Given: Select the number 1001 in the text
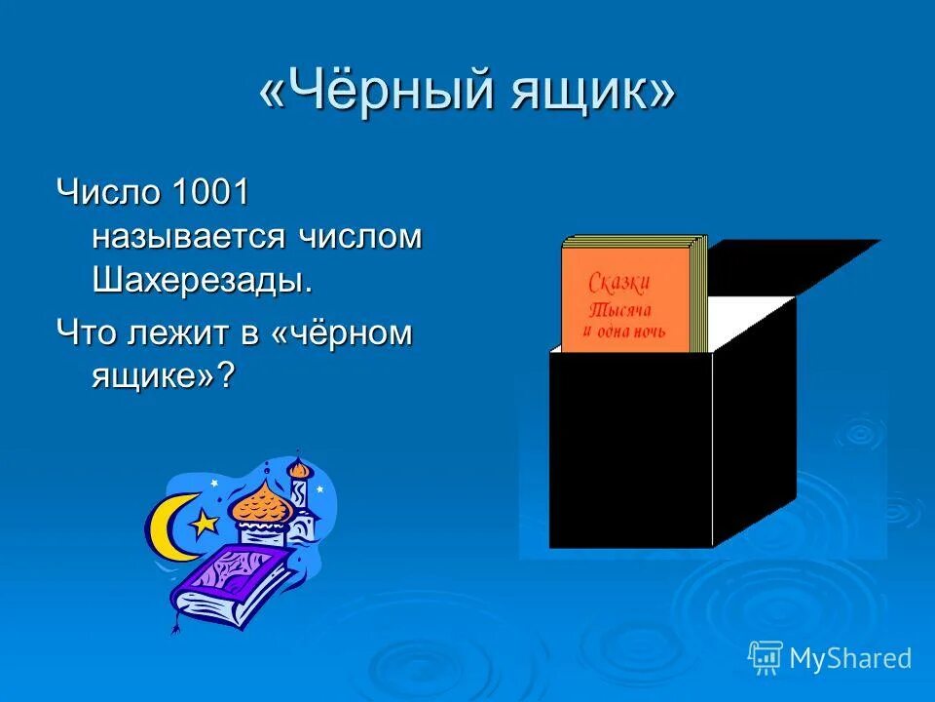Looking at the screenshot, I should click(x=211, y=191).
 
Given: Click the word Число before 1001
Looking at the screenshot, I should click(x=107, y=191).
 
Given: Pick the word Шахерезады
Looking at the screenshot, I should click(x=203, y=281).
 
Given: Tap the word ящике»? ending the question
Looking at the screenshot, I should click(x=164, y=376).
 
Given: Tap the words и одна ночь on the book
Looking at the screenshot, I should click(x=626, y=331).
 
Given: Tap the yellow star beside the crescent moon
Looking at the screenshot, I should click(x=204, y=524).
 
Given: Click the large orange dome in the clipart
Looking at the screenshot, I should click(x=257, y=503).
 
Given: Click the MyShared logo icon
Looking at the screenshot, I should click(x=766, y=657).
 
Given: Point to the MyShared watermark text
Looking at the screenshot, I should click(x=849, y=658).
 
